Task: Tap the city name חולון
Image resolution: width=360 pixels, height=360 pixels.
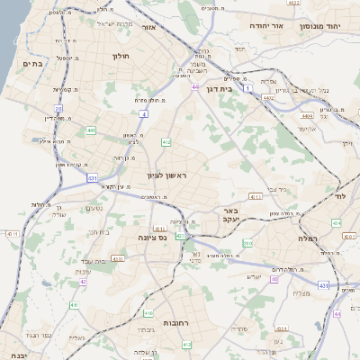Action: (x=121, y=56)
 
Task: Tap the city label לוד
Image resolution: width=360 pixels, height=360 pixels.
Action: (x=339, y=195)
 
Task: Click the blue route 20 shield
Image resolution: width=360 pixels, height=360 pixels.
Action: (x=58, y=108)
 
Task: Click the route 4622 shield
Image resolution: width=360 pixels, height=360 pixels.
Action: (x=293, y=4)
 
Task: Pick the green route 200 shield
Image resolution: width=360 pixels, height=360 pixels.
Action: (x=247, y=243)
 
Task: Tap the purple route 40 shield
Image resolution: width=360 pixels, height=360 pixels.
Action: (x=274, y=279)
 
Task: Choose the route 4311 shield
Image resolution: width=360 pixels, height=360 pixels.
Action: (x=13, y=234)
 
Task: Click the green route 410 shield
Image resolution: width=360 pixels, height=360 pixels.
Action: (x=148, y=313)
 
